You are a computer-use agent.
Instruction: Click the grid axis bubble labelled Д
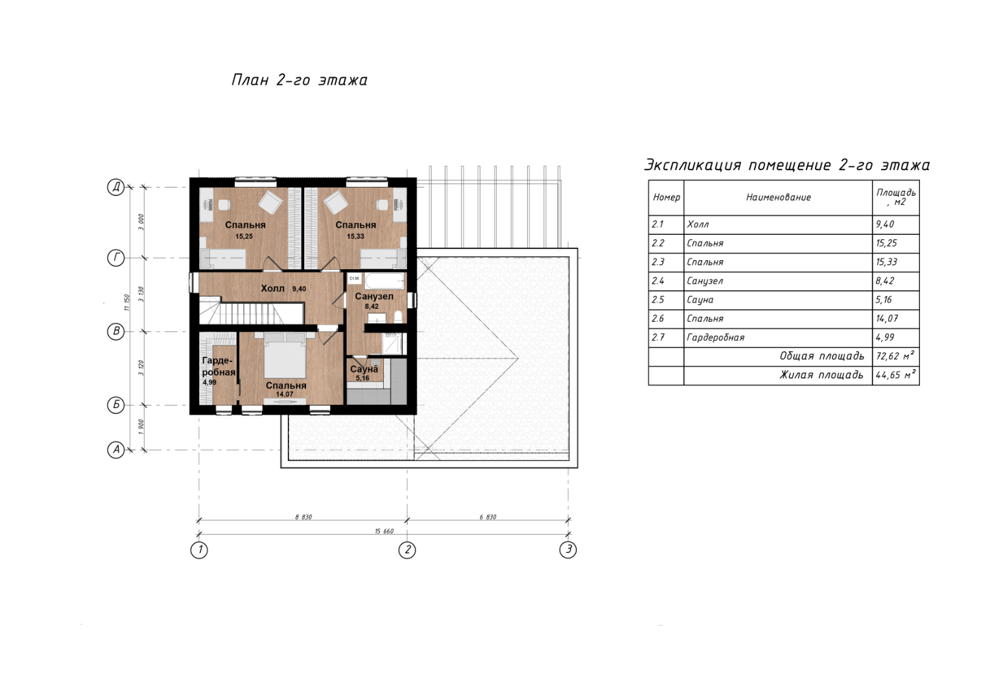[x=116, y=187]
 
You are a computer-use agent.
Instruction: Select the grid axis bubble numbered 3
[x=568, y=549]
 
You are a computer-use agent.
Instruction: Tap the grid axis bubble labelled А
[x=116, y=450]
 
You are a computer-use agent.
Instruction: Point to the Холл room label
[x=273, y=289]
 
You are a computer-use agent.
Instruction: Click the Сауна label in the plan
[x=364, y=368]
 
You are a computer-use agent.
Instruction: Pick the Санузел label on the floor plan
[x=374, y=296]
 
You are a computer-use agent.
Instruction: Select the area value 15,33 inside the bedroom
[x=355, y=236]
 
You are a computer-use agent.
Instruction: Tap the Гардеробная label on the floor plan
[x=218, y=366]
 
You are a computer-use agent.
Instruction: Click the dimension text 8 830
[x=303, y=516]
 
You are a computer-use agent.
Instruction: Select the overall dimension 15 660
[x=384, y=531]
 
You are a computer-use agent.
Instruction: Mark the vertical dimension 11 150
[x=127, y=302]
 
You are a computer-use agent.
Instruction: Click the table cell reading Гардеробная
[x=716, y=337]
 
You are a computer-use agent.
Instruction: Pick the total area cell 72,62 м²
[x=895, y=356]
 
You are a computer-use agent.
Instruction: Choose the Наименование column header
[x=778, y=197]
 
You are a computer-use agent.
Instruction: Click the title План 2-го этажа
[x=300, y=80]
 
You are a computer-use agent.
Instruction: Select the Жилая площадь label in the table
[x=821, y=375]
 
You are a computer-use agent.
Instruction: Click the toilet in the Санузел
[x=398, y=316]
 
